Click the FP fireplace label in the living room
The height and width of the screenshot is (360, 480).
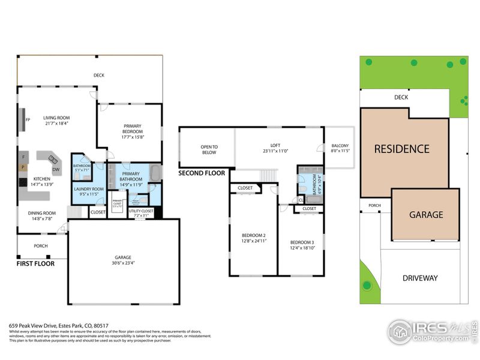[28, 119]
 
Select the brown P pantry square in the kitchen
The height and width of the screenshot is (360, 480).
[23, 167]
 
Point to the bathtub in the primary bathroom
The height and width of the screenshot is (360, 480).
[154, 174]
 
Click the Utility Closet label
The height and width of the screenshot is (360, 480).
[141, 211]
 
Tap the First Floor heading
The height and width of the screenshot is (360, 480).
[35, 263]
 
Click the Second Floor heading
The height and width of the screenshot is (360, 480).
[202, 173]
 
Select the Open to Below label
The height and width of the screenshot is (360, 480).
[209, 149]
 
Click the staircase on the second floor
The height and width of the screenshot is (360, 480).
[268, 175]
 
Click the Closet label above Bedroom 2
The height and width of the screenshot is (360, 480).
[245, 188]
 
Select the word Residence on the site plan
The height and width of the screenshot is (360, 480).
[402, 149]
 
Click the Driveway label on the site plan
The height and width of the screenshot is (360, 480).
[420, 278]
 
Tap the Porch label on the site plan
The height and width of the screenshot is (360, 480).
[374, 206]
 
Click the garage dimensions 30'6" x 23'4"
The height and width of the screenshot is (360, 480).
[123, 262]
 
